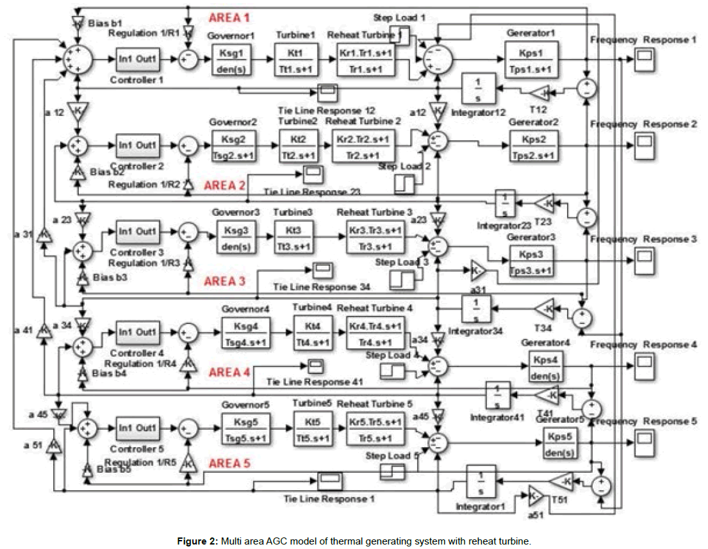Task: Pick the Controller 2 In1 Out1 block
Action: (138, 145)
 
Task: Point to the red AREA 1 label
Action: (229, 17)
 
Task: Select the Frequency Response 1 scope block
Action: (643, 59)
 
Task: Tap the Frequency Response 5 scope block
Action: (643, 438)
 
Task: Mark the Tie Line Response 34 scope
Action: (322, 268)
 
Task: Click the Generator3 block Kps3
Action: (529, 260)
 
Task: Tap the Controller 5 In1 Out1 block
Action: (138, 427)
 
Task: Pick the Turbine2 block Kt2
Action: (297, 146)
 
